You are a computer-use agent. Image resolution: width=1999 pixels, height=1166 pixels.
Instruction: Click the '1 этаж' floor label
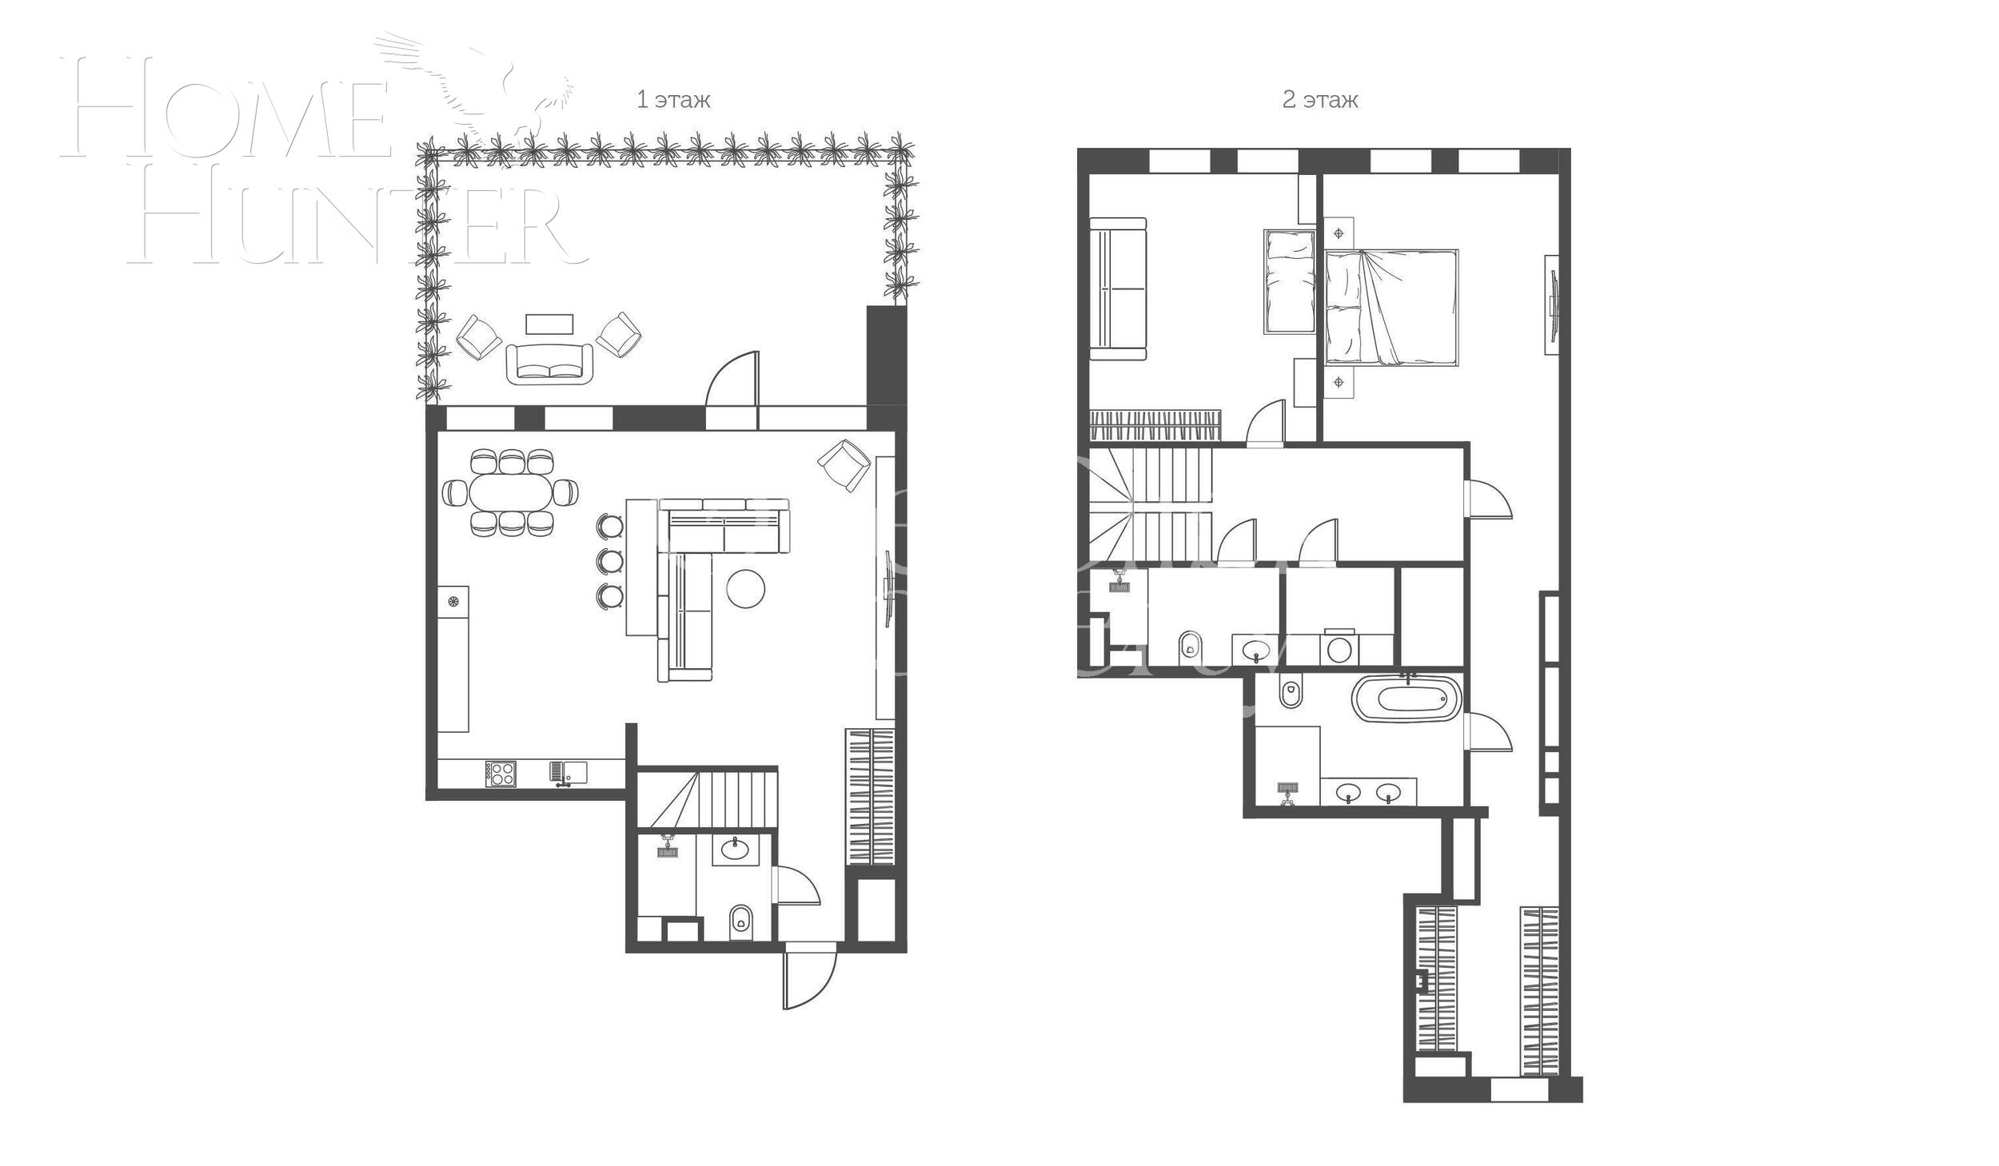tap(672, 100)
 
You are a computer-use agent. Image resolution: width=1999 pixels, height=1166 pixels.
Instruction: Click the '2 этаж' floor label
tap(1319, 100)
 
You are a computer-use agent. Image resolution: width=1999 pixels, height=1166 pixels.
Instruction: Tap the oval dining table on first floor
tap(511, 492)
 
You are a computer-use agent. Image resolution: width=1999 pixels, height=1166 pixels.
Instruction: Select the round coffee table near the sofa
tap(744, 588)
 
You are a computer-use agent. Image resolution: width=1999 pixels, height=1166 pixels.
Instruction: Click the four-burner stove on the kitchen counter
tap(501, 774)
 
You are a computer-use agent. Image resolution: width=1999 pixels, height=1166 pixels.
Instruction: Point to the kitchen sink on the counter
tap(568, 772)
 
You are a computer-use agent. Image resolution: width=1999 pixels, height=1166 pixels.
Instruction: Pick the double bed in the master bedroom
tap(1391, 308)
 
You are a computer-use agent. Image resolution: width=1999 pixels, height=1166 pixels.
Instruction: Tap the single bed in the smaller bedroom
tap(1289, 281)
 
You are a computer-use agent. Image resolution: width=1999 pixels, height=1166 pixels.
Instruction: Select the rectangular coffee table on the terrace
tap(549, 324)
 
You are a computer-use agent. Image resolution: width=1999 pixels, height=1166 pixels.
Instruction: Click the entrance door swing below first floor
tap(809, 976)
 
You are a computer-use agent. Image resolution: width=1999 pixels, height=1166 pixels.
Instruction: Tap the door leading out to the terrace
tap(732, 380)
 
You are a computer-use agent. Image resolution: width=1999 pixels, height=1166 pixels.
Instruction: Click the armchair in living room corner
tap(844, 464)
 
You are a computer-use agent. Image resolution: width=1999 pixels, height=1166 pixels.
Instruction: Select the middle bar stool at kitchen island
tap(610, 560)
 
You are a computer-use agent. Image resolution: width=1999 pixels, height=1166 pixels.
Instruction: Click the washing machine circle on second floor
tap(1339, 650)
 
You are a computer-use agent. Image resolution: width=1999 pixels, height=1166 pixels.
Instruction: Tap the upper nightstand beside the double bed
tap(1339, 233)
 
